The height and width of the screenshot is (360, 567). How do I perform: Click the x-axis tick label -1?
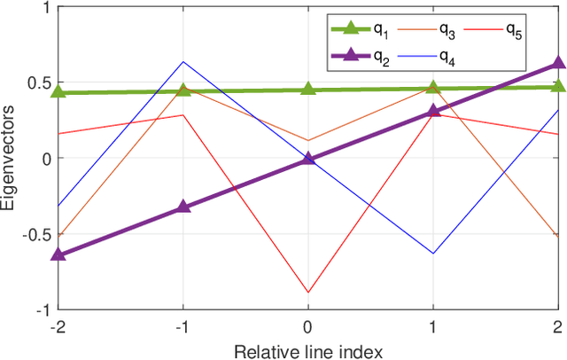[183, 326]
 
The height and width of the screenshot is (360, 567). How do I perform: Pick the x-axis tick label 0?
[308, 326]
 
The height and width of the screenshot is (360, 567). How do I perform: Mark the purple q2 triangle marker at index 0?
[308, 158]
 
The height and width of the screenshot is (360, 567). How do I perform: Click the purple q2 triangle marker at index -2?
[58, 254]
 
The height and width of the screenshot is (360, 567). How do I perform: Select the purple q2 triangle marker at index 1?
[433, 110]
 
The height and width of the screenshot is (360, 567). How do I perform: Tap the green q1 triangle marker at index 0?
[308, 88]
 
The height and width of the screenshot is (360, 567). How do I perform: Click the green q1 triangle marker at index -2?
[58, 91]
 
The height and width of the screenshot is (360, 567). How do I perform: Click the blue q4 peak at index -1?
[183, 61]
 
